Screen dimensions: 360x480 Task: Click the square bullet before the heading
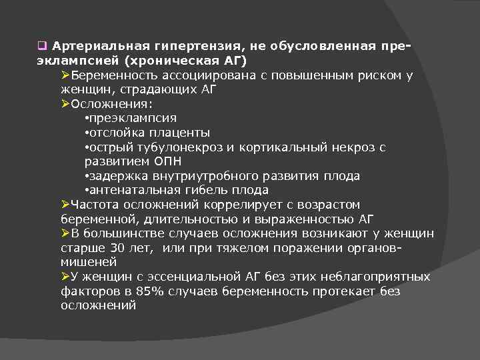pos(41,47)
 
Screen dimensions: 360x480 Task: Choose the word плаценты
pos(182,133)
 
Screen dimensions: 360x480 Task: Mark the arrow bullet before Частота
pos(65,205)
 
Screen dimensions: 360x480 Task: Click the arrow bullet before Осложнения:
pos(65,104)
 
